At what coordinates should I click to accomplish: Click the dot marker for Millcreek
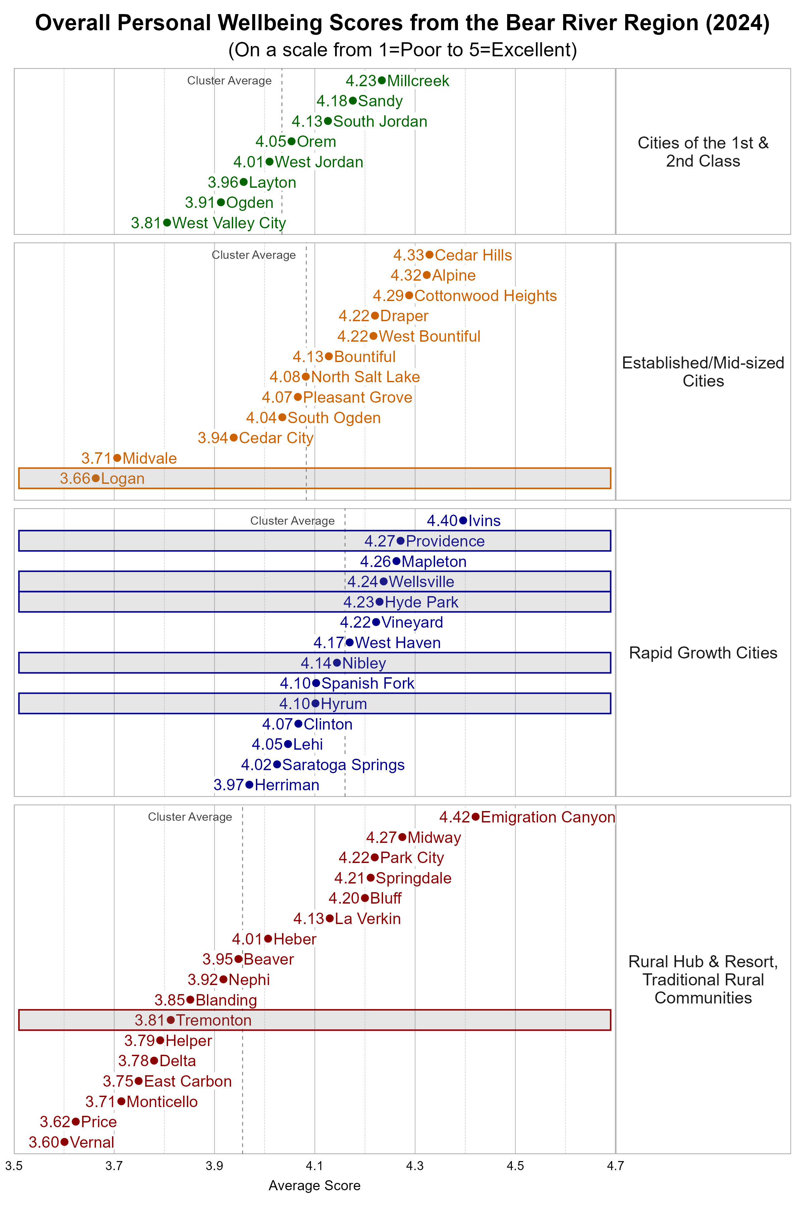(381, 80)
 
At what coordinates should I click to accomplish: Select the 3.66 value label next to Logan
(75, 478)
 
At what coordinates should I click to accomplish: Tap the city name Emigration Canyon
(547, 817)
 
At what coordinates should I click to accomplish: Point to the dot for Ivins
(463, 520)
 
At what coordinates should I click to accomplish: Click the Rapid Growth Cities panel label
(703, 653)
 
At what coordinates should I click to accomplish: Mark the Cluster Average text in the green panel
(229, 80)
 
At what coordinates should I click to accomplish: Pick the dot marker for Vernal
(64, 1142)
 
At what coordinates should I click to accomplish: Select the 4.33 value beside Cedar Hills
(408, 255)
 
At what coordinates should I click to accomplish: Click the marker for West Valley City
(167, 223)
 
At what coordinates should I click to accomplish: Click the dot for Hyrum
(315, 703)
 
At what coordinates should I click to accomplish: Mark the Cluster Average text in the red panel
(190, 817)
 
